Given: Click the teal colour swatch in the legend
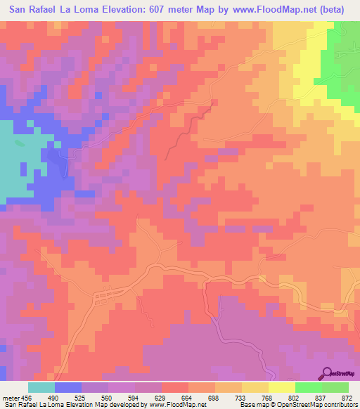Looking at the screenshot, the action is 41,388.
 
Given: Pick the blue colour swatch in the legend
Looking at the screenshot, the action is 67,388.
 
